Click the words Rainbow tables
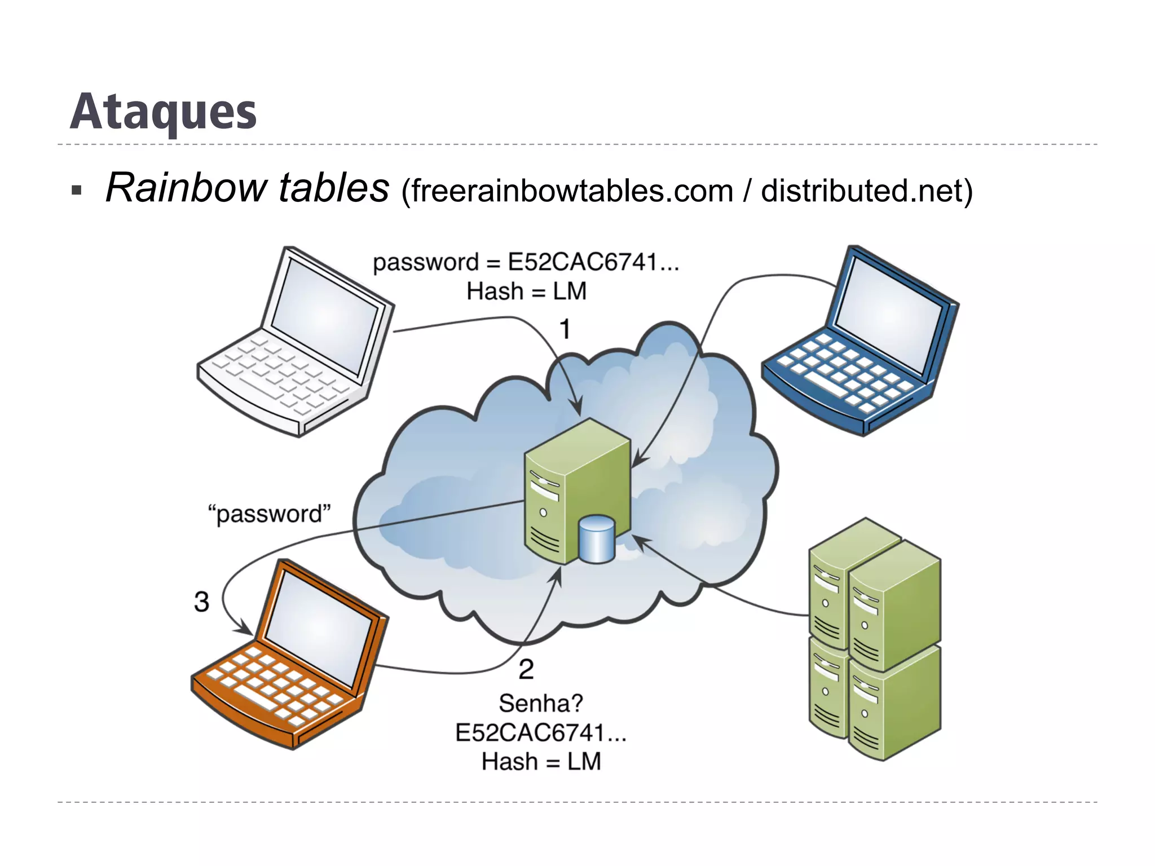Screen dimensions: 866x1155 pyautogui.click(x=247, y=188)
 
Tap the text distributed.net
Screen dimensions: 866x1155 pyautogui.click(x=862, y=191)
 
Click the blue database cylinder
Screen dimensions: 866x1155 pyautogui.click(x=597, y=539)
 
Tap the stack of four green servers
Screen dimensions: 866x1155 pyautogui.click(x=874, y=640)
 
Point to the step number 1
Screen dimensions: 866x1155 pyautogui.click(x=565, y=329)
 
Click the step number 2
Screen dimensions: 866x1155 pyautogui.click(x=526, y=670)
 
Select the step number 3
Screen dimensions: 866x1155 pyautogui.click(x=201, y=602)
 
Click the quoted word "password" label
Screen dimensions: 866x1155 pyautogui.click(x=270, y=514)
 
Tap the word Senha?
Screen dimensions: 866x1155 pyautogui.click(x=541, y=704)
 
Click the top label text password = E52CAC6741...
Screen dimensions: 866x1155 pyautogui.click(x=526, y=263)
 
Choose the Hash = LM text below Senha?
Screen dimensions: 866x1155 pyautogui.click(x=541, y=762)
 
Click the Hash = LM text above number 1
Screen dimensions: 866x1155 pyautogui.click(x=526, y=291)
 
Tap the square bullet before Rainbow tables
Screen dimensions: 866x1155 pyautogui.click(x=77, y=190)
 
